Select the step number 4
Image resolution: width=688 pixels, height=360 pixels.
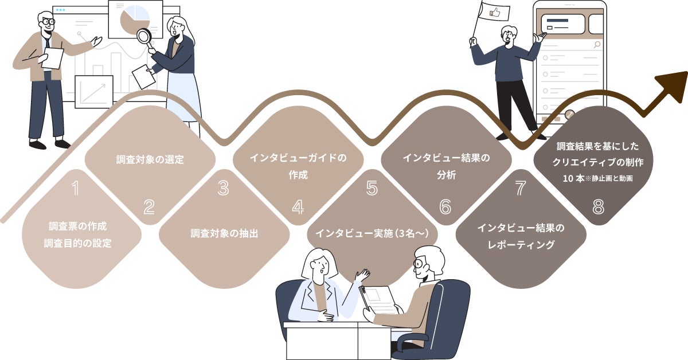click(298, 207)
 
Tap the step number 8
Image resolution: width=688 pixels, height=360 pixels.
click(598, 207)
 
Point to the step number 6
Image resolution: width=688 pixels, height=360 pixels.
click(445, 207)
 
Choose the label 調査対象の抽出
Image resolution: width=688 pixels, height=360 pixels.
click(224, 234)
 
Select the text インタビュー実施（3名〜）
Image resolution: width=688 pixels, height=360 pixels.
click(373, 234)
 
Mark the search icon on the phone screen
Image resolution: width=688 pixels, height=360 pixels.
click(597, 45)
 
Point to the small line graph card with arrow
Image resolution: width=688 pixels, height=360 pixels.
click(94, 92)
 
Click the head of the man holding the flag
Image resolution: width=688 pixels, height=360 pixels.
click(509, 34)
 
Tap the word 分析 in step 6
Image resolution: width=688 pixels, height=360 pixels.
click(445, 175)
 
